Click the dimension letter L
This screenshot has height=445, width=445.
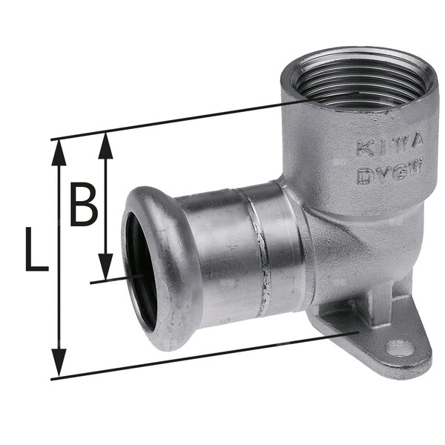[x=34, y=250]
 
